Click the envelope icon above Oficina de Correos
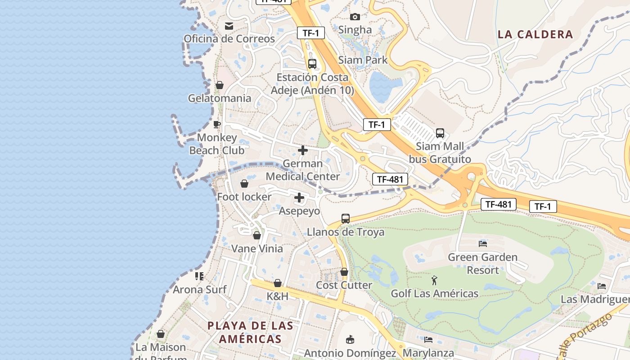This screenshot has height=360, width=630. point(229,26)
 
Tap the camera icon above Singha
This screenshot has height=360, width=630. point(355,17)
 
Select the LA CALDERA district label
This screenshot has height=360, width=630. point(535,34)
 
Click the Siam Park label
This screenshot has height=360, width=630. point(363,60)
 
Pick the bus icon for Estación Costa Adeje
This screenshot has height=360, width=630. point(312,64)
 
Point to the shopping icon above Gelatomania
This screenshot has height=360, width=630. point(220,85)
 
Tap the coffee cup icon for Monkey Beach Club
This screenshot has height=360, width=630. point(217,124)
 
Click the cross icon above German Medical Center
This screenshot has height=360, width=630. point(303,150)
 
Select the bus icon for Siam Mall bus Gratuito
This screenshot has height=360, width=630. point(440,133)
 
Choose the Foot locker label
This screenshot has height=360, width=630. point(244,197)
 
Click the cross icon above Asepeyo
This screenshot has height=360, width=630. point(299,198)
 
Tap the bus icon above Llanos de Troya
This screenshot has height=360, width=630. point(345,219)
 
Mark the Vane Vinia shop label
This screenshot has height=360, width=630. point(257,248)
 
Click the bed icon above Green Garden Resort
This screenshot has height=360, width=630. point(483,244)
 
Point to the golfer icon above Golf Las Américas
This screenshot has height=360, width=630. point(434,280)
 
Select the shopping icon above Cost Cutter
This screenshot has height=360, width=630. point(344,272)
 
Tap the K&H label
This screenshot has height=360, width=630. point(277,296)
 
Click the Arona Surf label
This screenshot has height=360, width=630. point(200,289)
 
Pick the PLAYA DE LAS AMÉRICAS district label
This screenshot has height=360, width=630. point(250,332)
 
